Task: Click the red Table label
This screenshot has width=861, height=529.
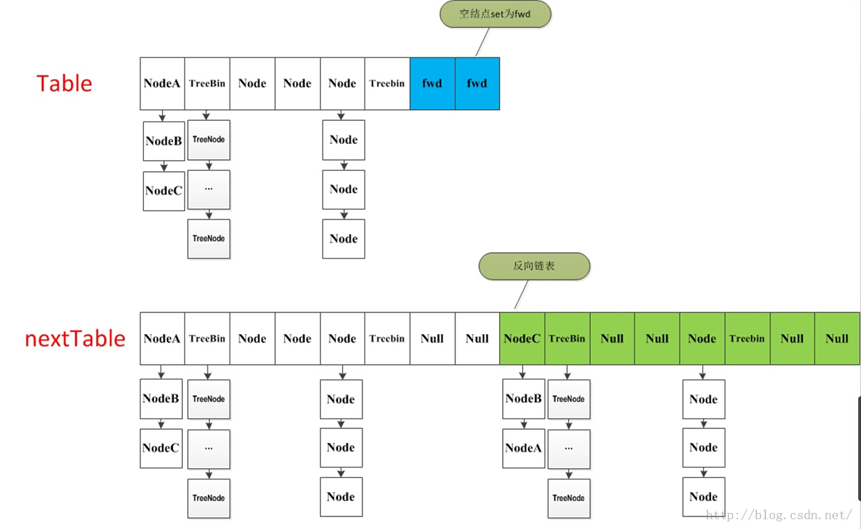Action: tap(64, 83)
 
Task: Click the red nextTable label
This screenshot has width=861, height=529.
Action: tap(75, 338)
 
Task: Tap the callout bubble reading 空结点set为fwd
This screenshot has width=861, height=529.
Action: tap(496, 14)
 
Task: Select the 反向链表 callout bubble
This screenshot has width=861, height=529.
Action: tap(534, 266)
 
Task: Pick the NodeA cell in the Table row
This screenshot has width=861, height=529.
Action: tap(162, 83)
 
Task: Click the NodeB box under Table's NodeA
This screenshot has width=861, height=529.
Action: tap(163, 140)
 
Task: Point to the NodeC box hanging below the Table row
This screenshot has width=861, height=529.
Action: tap(163, 191)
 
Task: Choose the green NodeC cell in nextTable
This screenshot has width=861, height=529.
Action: tap(522, 338)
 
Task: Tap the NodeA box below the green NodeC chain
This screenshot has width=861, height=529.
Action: tap(524, 448)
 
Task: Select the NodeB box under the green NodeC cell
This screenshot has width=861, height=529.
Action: tap(524, 399)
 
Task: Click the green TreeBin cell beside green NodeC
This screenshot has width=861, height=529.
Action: tap(567, 338)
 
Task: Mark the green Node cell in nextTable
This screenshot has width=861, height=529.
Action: tap(702, 338)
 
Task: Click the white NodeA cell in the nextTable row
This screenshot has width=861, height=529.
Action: tap(162, 338)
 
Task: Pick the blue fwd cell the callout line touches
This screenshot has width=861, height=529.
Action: tap(477, 83)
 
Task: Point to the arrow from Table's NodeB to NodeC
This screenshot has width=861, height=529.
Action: tap(163, 166)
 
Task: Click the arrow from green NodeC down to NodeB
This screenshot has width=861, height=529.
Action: tap(523, 372)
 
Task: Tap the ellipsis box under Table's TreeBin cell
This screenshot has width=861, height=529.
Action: tap(209, 189)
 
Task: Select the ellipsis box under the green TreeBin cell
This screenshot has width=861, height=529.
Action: tap(568, 449)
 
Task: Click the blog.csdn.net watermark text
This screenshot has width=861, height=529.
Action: tap(779, 516)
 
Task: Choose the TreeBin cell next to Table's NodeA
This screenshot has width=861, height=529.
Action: tap(207, 83)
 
